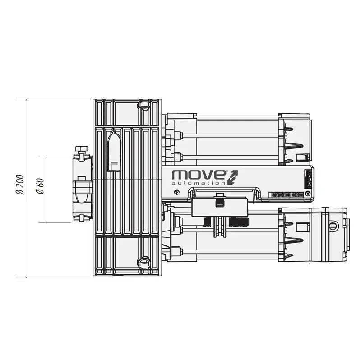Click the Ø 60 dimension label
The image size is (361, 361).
click(x=40, y=185)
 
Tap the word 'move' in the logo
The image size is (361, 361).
click(x=198, y=175)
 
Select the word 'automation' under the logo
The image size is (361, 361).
click(x=199, y=183)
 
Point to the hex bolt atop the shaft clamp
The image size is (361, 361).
click(x=81, y=149)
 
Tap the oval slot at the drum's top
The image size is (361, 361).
click(x=144, y=105)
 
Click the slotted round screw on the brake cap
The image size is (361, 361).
click(x=333, y=226)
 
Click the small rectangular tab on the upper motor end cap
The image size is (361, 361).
click(x=301, y=157)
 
